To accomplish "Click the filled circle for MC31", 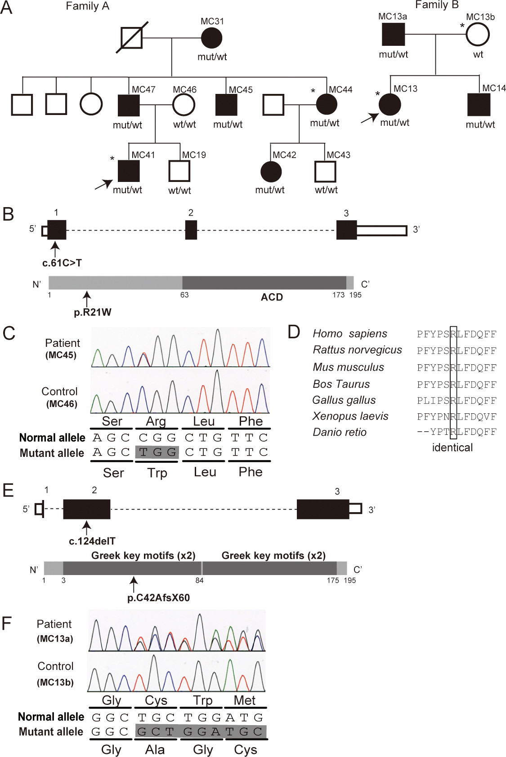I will (x=211, y=38).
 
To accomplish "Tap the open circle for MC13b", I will (x=477, y=35).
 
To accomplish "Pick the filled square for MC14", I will (x=479, y=105).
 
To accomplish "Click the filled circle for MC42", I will (x=271, y=172).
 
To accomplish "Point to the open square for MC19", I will (x=179, y=171).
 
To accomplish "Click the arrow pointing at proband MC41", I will (x=103, y=184).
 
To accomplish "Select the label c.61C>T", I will (x=62, y=263).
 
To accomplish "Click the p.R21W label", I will (x=93, y=312).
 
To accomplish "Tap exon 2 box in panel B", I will (x=191, y=230).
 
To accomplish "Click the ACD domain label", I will (x=272, y=297).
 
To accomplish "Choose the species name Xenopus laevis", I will (x=350, y=416).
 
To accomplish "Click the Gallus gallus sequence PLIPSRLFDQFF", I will (x=457, y=400).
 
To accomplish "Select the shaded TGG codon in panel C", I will (x=157, y=452).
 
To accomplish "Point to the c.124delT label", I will (x=92, y=541).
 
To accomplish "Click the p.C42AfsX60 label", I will (x=158, y=598).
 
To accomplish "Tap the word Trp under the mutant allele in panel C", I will (x=157, y=473).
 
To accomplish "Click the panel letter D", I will (x=294, y=332).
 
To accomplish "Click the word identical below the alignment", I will (x=452, y=447).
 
